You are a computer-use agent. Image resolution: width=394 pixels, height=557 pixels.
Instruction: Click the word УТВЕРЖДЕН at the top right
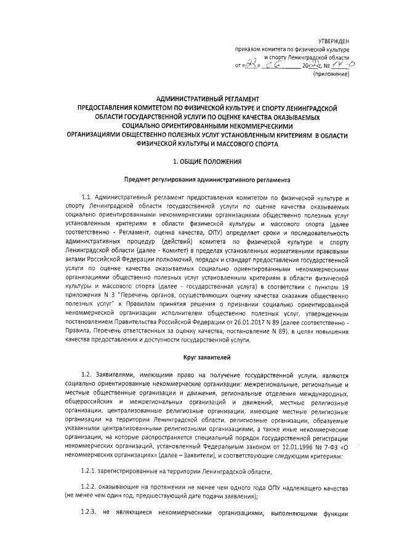tap(333, 39)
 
